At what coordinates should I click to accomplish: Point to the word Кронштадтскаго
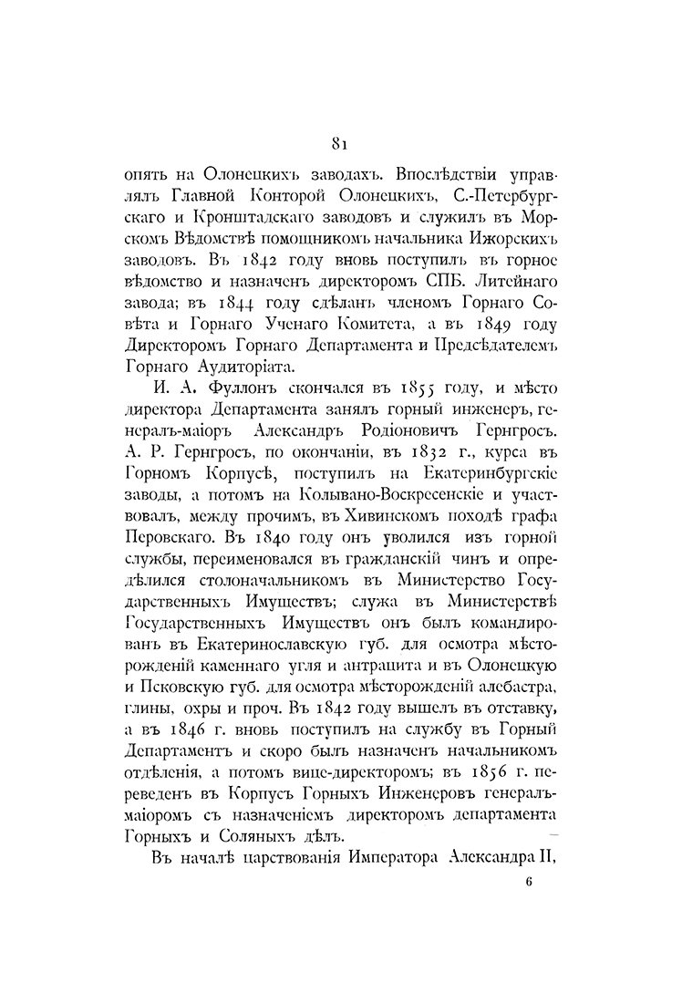(x=212, y=218)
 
